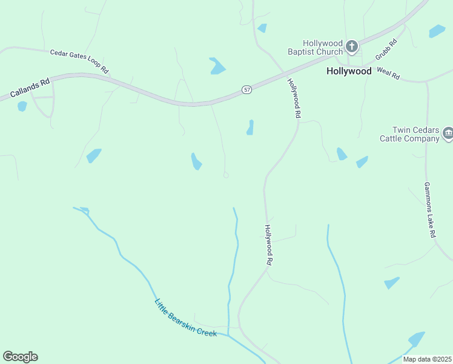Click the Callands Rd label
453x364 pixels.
pos(29,88)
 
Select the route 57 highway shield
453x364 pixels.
pos(246,89)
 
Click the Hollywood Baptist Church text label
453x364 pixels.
pos(315,48)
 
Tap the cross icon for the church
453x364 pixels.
pos(352,45)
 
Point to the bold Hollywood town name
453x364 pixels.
pos(349,71)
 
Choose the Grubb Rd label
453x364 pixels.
pos(386,49)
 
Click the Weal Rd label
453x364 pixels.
pos(388,73)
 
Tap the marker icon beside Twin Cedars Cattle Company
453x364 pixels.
pos(448,133)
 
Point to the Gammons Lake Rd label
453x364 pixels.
pos(430,210)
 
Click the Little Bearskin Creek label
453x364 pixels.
pos(185,318)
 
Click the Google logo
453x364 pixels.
pos(20,357)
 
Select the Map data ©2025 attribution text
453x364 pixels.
pos(427,359)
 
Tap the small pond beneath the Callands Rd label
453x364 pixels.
pos(22,106)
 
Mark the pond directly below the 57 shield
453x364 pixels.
pos(250,127)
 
